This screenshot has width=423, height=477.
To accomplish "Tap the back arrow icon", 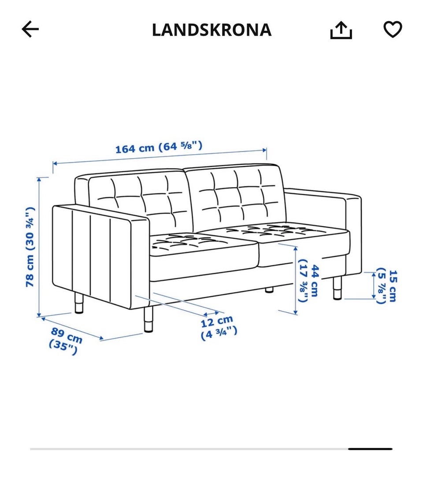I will pos(30,30).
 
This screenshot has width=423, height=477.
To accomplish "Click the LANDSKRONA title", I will pos(211,30).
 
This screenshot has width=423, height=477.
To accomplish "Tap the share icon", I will pos(341,30).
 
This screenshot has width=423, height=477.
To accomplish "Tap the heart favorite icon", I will pos(392,30).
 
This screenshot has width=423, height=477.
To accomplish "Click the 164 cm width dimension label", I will pos(159,147).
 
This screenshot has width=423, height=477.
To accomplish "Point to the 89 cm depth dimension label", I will pos(65,341).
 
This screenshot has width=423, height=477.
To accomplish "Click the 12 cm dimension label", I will pos(219,328).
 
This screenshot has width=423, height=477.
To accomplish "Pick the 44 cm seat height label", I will pos(308,280).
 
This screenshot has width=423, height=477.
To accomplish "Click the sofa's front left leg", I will pos(149,319).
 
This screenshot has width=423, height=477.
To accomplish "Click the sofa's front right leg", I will pos(337,288).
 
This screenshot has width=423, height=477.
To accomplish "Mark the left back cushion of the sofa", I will pos(137,200).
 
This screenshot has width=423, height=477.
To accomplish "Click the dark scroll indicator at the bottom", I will pos(370,449).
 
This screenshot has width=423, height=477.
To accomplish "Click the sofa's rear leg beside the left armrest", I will pos(79,304).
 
